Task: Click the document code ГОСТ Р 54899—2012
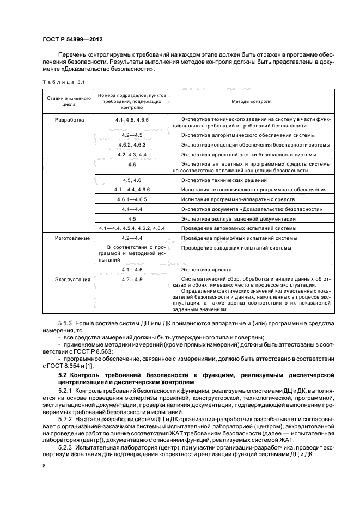[72, 40]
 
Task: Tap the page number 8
[45, 466]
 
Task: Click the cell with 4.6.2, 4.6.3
[132, 144]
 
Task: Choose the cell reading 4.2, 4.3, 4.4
[132, 154]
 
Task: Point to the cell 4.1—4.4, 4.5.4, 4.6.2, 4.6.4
[132, 228]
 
